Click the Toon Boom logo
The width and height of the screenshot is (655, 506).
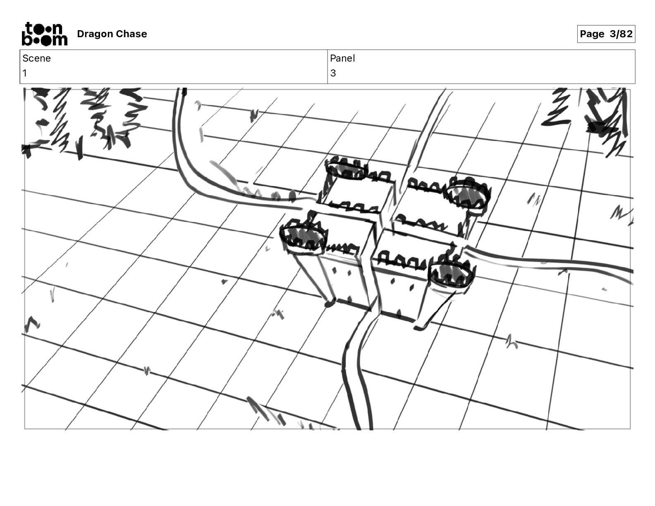point(45,34)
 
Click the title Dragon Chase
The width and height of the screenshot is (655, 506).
point(112,34)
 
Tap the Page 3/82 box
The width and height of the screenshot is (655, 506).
point(606,34)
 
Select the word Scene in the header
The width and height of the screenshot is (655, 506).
point(36,58)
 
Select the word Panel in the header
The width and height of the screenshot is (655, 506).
point(342,58)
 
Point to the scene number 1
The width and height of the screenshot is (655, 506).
point(25,73)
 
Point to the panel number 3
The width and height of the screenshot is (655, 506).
point(333,73)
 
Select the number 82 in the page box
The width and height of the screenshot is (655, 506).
point(626,34)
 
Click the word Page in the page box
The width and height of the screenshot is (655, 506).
point(592,34)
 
